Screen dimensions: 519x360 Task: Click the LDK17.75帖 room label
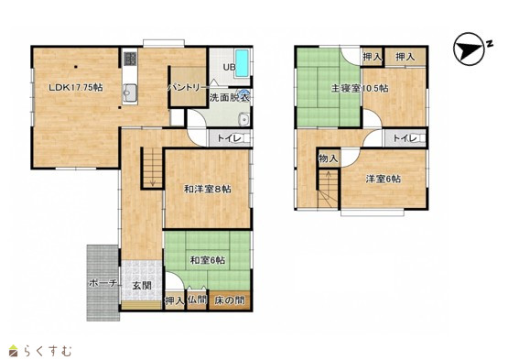[x=76, y=88]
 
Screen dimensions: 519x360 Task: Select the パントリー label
[x=185, y=88]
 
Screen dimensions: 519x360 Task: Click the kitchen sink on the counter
[x=130, y=92]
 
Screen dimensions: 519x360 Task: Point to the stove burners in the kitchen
[x=130, y=59]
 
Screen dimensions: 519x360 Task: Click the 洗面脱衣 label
[x=229, y=98]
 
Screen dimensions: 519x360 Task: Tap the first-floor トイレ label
[x=230, y=138]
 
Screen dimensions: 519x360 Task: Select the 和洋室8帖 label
[x=208, y=189]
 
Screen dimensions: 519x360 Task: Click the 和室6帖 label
[x=208, y=260]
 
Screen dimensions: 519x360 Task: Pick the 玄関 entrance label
[x=142, y=286]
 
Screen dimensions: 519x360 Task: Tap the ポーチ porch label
[x=103, y=283]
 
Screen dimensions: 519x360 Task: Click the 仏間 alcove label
[x=198, y=300]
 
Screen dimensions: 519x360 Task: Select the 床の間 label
[x=230, y=300]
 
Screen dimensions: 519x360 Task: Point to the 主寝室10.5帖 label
[x=360, y=89]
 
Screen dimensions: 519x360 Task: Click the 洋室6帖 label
[x=383, y=180]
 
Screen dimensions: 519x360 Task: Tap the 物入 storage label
[x=328, y=158]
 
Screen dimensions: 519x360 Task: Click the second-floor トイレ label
[x=405, y=138]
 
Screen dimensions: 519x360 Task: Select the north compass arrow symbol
[x=469, y=49]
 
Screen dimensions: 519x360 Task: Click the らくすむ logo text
[x=48, y=351]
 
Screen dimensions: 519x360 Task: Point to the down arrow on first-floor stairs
[x=153, y=169]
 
